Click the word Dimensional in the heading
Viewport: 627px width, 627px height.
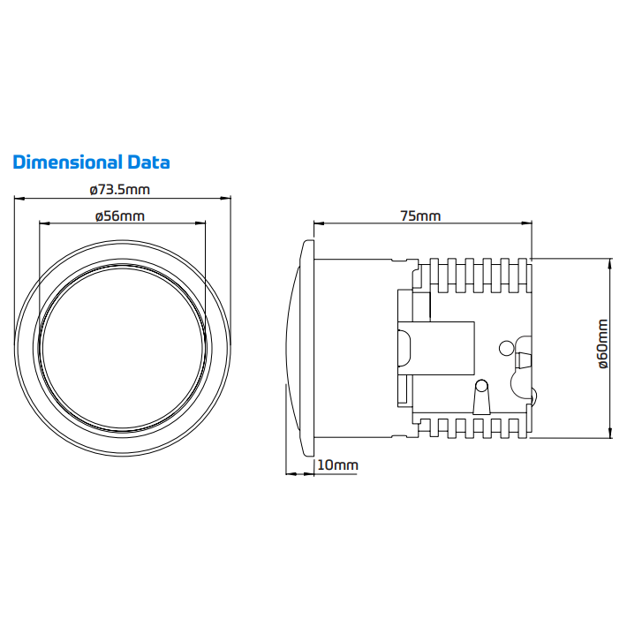pyautogui.click(x=68, y=162)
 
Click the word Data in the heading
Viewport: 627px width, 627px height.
pyautogui.click(x=148, y=162)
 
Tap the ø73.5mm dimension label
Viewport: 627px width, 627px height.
pyautogui.click(x=120, y=190)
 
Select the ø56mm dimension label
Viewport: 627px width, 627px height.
pyautogui.click(x=120, y=216)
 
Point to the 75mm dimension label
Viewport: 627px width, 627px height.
pyautogui.click(x=420, y=216)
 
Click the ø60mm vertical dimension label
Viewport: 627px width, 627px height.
pyautogui.click(x=602, y=344)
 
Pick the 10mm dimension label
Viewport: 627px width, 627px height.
pyautogui.click(x=338, y=465)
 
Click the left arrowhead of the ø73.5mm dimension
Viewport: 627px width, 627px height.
pyautogui.click(x=19, y=198)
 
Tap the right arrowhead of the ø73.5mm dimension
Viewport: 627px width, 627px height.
pyautogui.click(x=226, y=198)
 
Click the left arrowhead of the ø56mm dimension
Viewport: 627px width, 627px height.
pyautogui.click(x=44, y=223)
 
